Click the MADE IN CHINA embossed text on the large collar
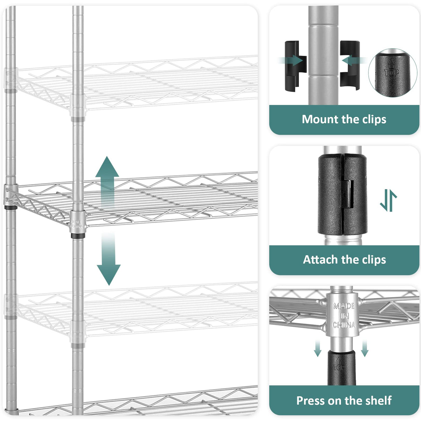pyautogui.click(x=344, y=316)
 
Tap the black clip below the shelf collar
pyautogui.click(x=341, y=368)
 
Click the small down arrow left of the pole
pyautogui.click(x=317, y=349)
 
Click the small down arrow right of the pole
pyautogui.click(x=364, y=349)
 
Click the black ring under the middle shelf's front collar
pyautogui.click(x=78, y=236)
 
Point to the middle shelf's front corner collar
pyautogui.click(x=77, y=222)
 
